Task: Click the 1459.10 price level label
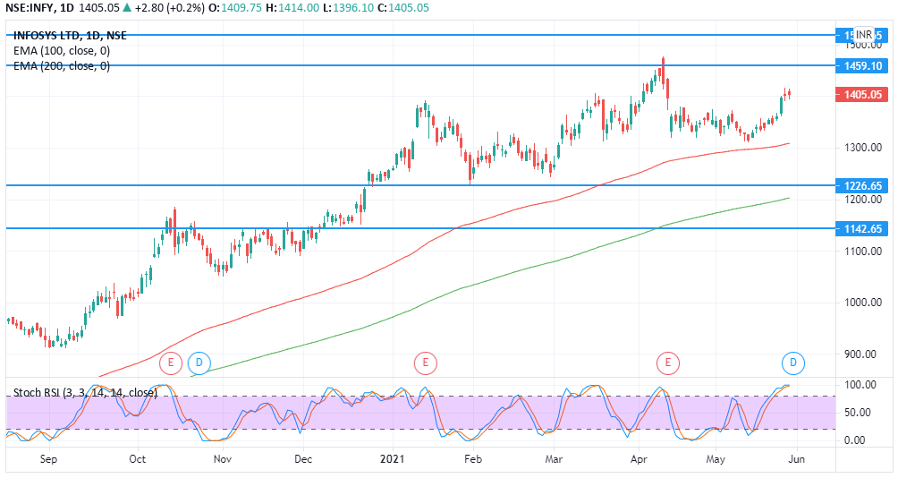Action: pos(863,66)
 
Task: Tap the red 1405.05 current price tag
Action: pos(863,94)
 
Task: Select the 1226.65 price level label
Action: pos(863,185)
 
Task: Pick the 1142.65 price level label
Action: pos(863,228)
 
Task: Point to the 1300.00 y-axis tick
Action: pos(864,148)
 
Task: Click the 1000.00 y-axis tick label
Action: pos(864,303)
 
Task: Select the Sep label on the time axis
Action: pos(49,459)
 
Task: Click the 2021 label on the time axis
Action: pos(394,459)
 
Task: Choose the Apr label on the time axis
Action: pos(639,459)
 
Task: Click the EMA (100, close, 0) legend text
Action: pos(62,51)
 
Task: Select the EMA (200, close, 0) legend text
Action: pos(62,65)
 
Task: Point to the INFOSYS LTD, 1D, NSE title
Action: pos(69,36)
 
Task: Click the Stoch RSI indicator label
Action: pos(85,392)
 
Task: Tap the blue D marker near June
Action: pos(793,363)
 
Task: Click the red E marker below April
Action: pos(668,363)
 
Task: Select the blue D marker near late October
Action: pos(199,363)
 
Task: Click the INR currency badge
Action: pos(864,34)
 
